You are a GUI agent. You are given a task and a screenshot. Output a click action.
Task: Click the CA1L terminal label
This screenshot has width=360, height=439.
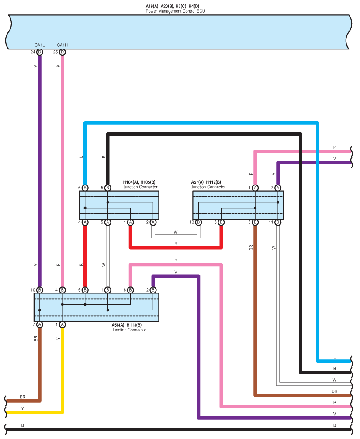point(39,45)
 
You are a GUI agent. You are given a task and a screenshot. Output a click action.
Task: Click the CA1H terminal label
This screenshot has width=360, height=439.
point(62,45)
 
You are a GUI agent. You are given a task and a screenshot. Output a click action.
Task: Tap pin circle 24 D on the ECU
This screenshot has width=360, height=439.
point(40,52)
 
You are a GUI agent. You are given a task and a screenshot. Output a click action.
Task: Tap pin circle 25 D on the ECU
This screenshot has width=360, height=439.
point(62,52)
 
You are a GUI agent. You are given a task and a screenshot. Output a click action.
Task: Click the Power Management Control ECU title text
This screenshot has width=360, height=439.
point(175,11)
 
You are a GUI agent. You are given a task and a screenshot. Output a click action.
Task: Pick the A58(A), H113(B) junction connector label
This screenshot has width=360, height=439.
point(127,325)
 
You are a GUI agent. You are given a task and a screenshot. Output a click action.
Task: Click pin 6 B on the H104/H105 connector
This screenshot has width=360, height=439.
point(85,188)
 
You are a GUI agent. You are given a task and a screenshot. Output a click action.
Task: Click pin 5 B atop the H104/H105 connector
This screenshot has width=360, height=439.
point(108,188)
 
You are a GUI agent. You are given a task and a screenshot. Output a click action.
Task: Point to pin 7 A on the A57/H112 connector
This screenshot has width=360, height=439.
point(278,188)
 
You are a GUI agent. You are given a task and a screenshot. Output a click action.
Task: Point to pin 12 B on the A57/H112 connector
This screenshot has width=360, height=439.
point(198,223)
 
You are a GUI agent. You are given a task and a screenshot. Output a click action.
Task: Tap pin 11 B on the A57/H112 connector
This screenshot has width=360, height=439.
point(278,223)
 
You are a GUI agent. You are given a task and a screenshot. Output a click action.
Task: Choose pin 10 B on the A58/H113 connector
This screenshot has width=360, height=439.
point(40,290)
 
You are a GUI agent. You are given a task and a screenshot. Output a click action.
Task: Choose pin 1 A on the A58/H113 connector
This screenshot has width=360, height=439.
point(62,324)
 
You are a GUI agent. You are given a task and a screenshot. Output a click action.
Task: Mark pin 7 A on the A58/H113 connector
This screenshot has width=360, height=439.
point(40,324)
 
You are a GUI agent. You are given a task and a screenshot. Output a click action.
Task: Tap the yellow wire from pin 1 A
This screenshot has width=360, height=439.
point(62,372)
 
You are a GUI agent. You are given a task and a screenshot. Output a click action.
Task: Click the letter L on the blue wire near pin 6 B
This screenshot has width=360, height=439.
point(81,156)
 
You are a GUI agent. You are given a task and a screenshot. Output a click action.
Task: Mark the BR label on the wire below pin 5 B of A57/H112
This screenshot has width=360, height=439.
point(251,247)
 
